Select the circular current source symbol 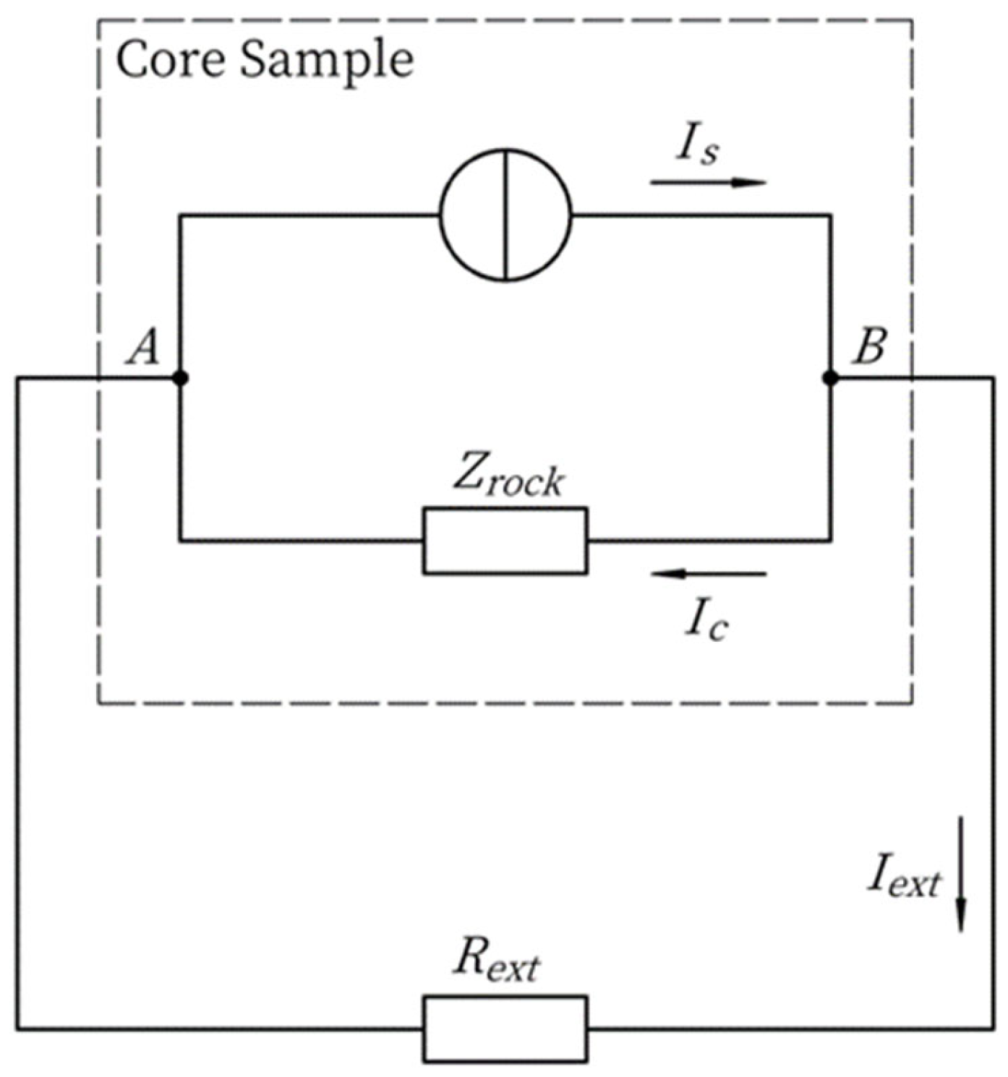pos(505,214)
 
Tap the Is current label pos(698,147)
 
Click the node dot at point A pos(180,377)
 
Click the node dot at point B pos(830,377)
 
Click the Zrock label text pos(508,477)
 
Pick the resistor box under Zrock pos(505,541)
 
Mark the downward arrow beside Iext pos(960,874)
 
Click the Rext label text pos(497,961)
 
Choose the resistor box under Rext pos(505,1029)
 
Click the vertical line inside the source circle pos(506,214)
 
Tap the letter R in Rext pos(469,958)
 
